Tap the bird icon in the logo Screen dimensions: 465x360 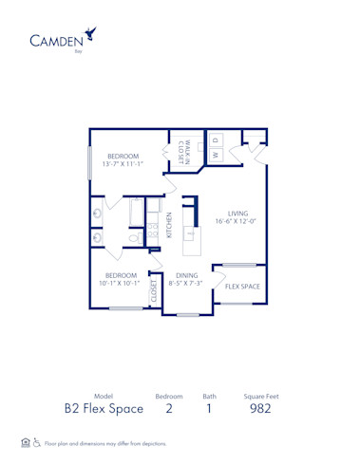90,35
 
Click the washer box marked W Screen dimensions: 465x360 215,154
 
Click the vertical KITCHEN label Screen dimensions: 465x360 168,225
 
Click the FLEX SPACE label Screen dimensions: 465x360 242,286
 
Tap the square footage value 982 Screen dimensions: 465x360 260,408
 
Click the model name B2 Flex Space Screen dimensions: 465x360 104,408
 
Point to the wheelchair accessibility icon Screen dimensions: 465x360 37,442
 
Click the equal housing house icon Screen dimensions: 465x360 25,442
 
